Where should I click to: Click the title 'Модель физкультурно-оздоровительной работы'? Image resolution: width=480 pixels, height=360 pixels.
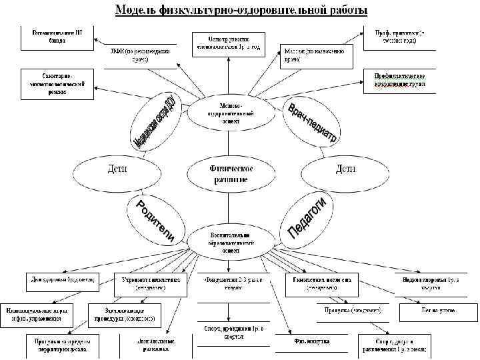(x=241, y=11)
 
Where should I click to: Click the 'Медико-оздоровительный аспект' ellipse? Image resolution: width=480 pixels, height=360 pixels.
(x=230, y=113)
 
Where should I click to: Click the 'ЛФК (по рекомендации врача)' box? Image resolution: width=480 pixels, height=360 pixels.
(x=140, y=55)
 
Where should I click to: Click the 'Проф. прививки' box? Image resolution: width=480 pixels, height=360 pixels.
(x=399, y=37)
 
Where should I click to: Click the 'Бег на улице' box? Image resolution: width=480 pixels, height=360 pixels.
(x=434, y=311)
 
